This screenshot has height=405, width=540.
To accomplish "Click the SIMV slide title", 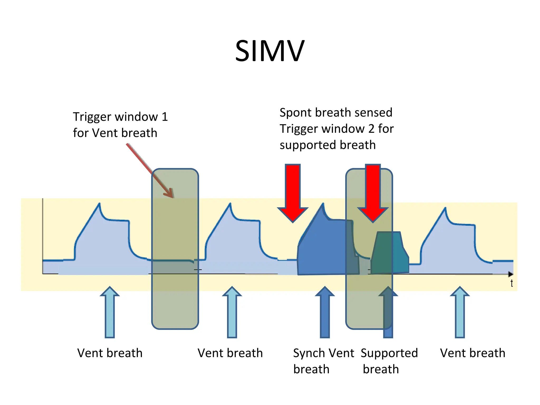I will pyautogui.click(x=269, y=51).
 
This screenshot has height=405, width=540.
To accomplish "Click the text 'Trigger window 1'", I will pyautogui.click(x=120, y=117).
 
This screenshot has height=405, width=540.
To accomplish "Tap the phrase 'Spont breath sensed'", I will pyautogui.click(x=336, y=113).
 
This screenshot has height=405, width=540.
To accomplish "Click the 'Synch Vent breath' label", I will pyautogui.click(x=324, y=361).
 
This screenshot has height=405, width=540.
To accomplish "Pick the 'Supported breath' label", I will pyautogui.click(x=389, y=361).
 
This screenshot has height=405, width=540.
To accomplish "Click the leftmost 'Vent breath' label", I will pyautogui.click(x=110, y=353).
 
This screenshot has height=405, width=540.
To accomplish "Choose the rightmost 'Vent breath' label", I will pyautogui.click(x=472, y=353).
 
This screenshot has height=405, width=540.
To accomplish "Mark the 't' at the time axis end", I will pyautogui.click(x=512, y=283).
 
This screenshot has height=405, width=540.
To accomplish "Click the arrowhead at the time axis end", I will pyautogui.click(x=511, y=274).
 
